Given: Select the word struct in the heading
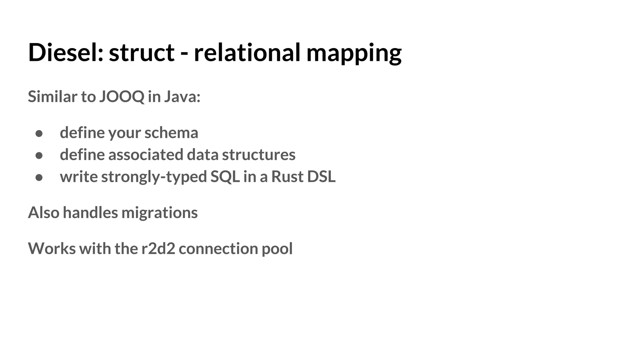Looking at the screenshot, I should click(x=141, y=52).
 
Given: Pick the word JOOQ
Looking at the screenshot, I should click(x=122, y=97).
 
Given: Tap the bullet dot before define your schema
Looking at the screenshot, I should click(x=39, y=133).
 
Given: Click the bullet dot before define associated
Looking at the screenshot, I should click(x=39, y=155).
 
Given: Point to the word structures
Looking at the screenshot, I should click(x=258, y=155).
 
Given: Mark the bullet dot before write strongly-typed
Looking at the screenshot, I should click(x=39, y=177).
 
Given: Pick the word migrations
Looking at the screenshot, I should click(x=159, y=213).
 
